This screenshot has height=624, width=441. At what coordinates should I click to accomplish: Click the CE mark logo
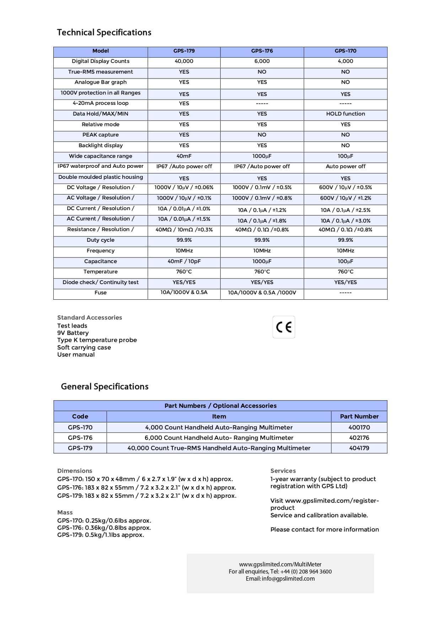click(284, 327)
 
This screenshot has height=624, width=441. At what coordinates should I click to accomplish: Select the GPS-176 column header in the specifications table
click(262, 51)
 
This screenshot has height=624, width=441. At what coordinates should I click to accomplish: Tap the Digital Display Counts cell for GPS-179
click(184, 61)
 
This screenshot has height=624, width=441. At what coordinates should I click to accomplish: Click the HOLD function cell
click(345, 114)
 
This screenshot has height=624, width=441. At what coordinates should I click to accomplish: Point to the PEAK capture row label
click(101, 135)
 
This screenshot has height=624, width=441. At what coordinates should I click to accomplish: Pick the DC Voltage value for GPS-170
click(345, 187)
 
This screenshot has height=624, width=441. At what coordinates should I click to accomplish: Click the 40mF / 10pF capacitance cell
click(184, 261)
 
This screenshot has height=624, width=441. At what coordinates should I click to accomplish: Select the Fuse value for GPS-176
click(262, 293)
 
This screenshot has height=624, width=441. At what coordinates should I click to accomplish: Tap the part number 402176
click(359, 438)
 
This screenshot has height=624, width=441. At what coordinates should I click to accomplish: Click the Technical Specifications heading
click(104, 32)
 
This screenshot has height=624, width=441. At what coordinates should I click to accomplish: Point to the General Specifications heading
click(104, 386)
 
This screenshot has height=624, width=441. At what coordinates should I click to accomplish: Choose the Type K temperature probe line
click(97, 340)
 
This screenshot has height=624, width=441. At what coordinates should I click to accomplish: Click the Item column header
click(219, 416)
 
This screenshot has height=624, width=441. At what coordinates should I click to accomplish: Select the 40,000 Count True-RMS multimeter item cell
click(219, 448)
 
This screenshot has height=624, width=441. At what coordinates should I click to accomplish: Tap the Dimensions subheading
click(75, 471)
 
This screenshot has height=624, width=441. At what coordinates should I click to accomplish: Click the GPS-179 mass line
click(101, 535)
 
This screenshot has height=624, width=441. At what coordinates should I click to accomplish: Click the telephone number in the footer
click(306, 571)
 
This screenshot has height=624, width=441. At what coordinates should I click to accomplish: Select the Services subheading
click(283, 471)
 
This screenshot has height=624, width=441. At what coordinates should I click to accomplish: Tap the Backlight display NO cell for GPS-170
click(345, 145)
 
